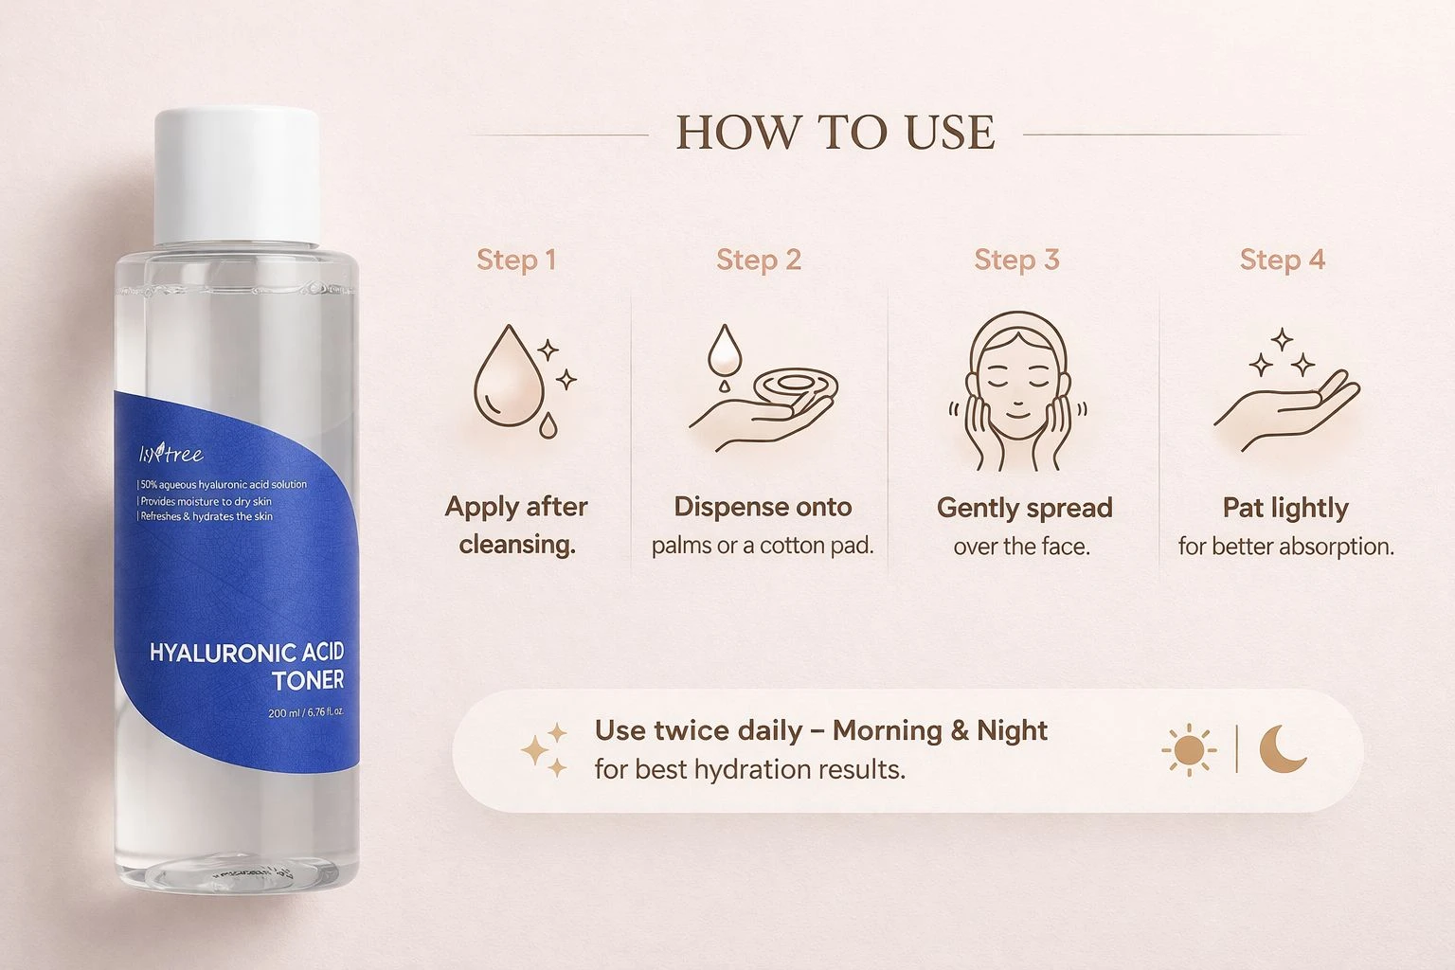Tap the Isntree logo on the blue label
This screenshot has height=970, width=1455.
tap(171, 453)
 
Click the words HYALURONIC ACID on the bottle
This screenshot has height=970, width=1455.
tap(247, 653)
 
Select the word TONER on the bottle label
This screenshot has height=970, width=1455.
tap(308, 680)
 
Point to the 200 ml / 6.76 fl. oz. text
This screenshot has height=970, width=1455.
tap(306, 712)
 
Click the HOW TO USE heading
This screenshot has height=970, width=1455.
tap(835, 133)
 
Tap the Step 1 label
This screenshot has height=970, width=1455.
tap(516, 260)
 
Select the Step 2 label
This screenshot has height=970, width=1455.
tap(759, 260)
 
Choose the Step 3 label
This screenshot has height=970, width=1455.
tap(1016, 260)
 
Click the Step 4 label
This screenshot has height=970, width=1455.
tap(1283, 260)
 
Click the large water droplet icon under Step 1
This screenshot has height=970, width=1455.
tap(509, 376)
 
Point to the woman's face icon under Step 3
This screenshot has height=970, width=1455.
tap(1017, 390)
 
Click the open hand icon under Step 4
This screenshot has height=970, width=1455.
tap(1286, 409)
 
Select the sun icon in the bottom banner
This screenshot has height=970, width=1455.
tap(1190, 749)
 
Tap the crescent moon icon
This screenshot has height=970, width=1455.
tap(1282, 749)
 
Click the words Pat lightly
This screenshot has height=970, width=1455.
tap(1285, 509)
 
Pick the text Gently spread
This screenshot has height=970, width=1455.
tap(1024, 509)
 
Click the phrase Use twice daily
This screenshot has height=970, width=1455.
tap(699, 731)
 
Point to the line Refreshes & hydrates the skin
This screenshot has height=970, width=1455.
tap(206, 516)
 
